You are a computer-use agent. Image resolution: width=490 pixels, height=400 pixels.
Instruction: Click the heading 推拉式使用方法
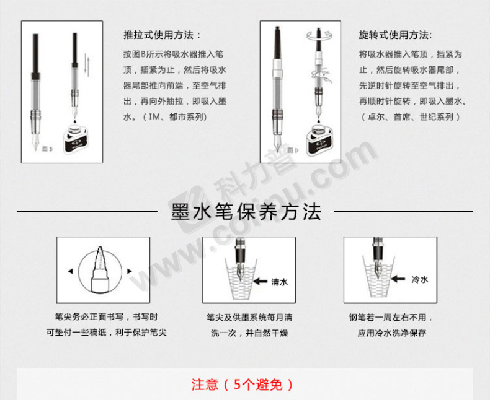pyautogui.click(x=158, y=35)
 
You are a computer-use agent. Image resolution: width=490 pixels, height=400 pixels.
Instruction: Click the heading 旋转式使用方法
pyautogui.click(x=393, y=35)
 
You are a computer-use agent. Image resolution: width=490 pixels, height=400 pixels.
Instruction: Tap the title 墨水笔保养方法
pyautogui.click(x=246, y=212)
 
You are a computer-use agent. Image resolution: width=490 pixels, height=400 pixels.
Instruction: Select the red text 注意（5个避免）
pyautogui.click(x=243, y=385)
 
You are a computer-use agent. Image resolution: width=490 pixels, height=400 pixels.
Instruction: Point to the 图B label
pyautogui.click(x=47, y=149)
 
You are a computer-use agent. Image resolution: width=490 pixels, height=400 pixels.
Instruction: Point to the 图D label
pyautogui.click(x=293, y=150)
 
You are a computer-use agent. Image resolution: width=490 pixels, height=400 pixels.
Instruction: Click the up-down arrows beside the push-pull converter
pyautogui.click(x=87, y=65)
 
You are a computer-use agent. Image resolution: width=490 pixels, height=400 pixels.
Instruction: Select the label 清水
pyautogui.click(x=279, y=282)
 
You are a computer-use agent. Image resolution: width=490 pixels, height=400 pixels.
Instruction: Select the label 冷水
pyautogui.click(x=420, y=279)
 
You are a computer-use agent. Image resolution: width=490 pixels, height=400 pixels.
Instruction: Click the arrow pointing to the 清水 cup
pyautogui.click(x=260, y=282)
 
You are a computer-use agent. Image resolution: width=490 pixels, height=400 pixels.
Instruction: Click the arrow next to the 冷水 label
pyautogui.click(x=398, y=279)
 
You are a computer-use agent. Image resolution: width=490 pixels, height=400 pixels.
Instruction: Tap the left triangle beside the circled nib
pyautogui.click(x=70, y=271)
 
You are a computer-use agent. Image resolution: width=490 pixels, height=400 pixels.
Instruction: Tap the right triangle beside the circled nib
pyautogui.click(x=130, y=271)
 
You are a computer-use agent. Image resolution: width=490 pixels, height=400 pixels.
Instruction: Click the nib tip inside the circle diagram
pyautogui.click(x=100, y=248)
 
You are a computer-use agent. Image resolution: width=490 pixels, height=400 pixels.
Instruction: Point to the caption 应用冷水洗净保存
pyautogui.click(x=392, y=333)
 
